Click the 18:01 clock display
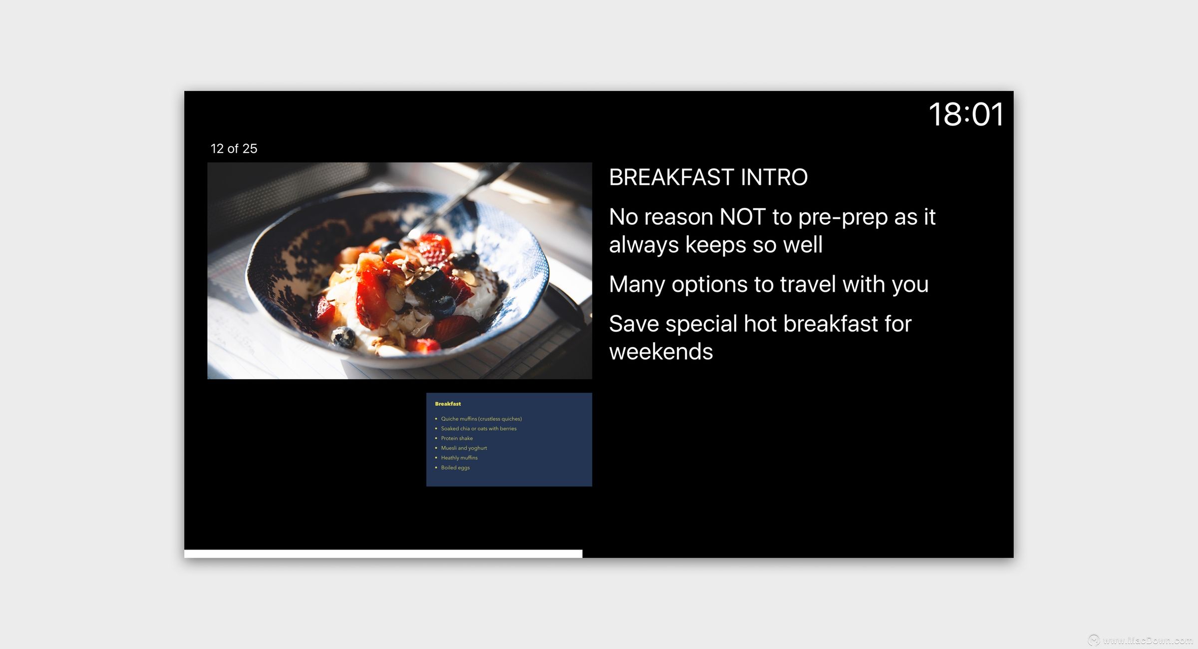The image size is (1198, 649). (x=966, y=114)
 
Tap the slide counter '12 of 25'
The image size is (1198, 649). (x=234, y=148)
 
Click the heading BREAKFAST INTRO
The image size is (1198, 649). (x=708, y=177)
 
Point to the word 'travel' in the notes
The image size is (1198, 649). (x=808, y=284)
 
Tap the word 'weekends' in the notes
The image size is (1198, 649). (x=661, y=352)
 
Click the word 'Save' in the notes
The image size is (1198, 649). (x=634, y=324)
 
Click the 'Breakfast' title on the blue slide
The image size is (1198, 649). (x=448, y=404)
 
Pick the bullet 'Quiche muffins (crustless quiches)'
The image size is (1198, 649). (x=481, y=419)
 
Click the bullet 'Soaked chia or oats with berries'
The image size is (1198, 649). (x=479, y=429)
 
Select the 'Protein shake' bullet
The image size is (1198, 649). (x=457, y=438)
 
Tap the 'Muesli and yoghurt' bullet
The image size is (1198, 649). (x=464, y=448)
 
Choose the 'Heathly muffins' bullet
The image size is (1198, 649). (x=459, y=458)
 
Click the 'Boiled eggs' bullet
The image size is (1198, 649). (x=455, y=468)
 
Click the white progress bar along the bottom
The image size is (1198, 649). (x=383, y=554)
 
